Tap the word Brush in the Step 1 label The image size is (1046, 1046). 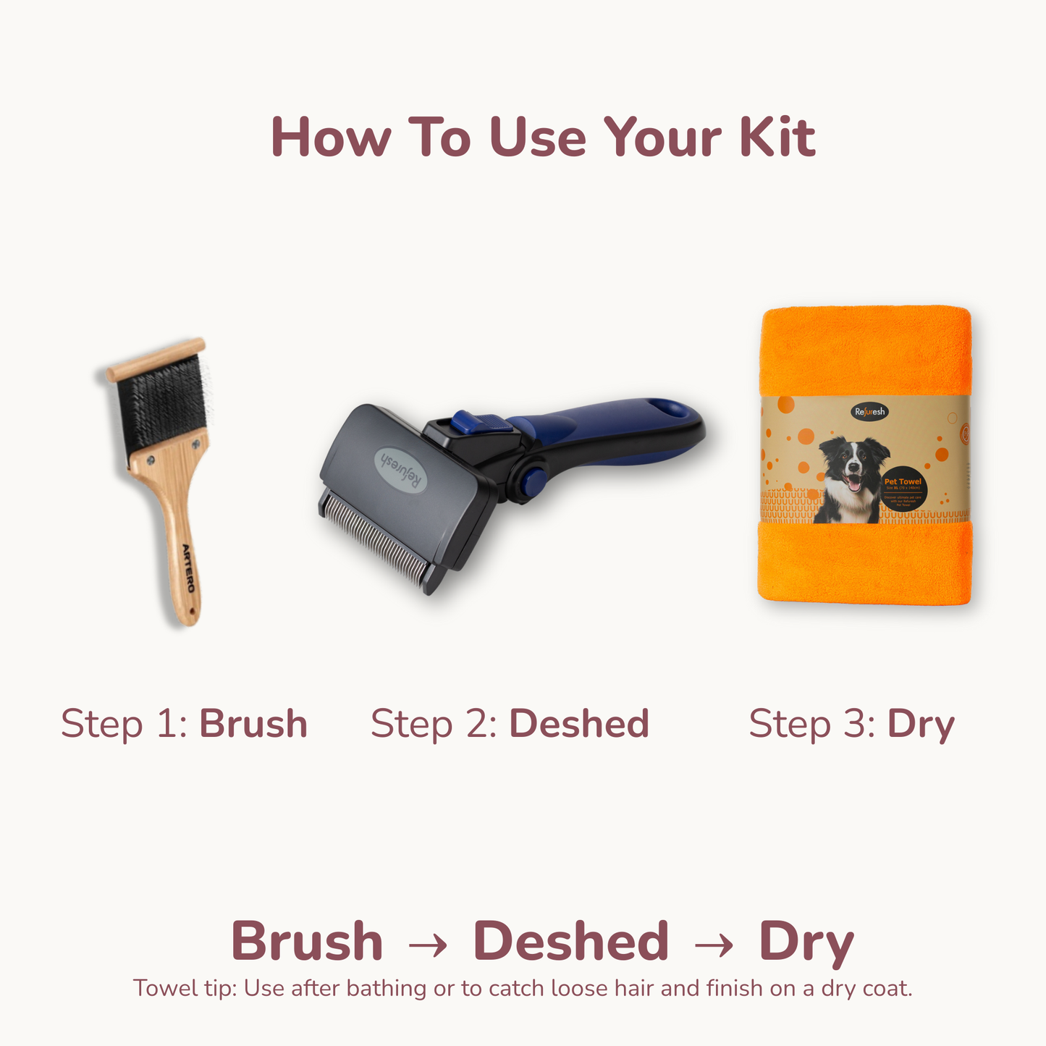[x=253, y=723]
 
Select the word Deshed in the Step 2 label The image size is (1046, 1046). [x=579, y=723]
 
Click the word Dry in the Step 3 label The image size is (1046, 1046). [x=921, y=725]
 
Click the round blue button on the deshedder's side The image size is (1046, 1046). [x=533, y=480]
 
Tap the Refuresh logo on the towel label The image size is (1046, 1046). [x=869, y=412]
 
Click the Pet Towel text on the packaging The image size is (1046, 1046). [x=903, y=481]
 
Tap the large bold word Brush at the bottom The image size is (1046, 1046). [x=307, y=942]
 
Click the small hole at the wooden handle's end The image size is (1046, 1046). [x=192, y=612]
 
